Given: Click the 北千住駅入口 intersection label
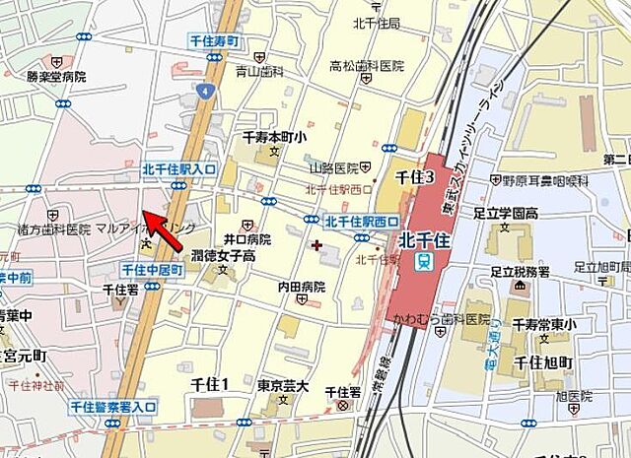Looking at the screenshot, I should tap(178, 169).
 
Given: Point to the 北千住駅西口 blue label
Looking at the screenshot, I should tap(362, 221).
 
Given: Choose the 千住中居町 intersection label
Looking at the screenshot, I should tap(153, 269).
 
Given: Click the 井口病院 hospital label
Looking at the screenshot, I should tap(246, 238).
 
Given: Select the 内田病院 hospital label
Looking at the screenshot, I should tap(301, 287).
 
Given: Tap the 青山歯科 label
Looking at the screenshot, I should tap(259, 72).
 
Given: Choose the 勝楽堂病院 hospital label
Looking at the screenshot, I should tap(56, 76).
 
